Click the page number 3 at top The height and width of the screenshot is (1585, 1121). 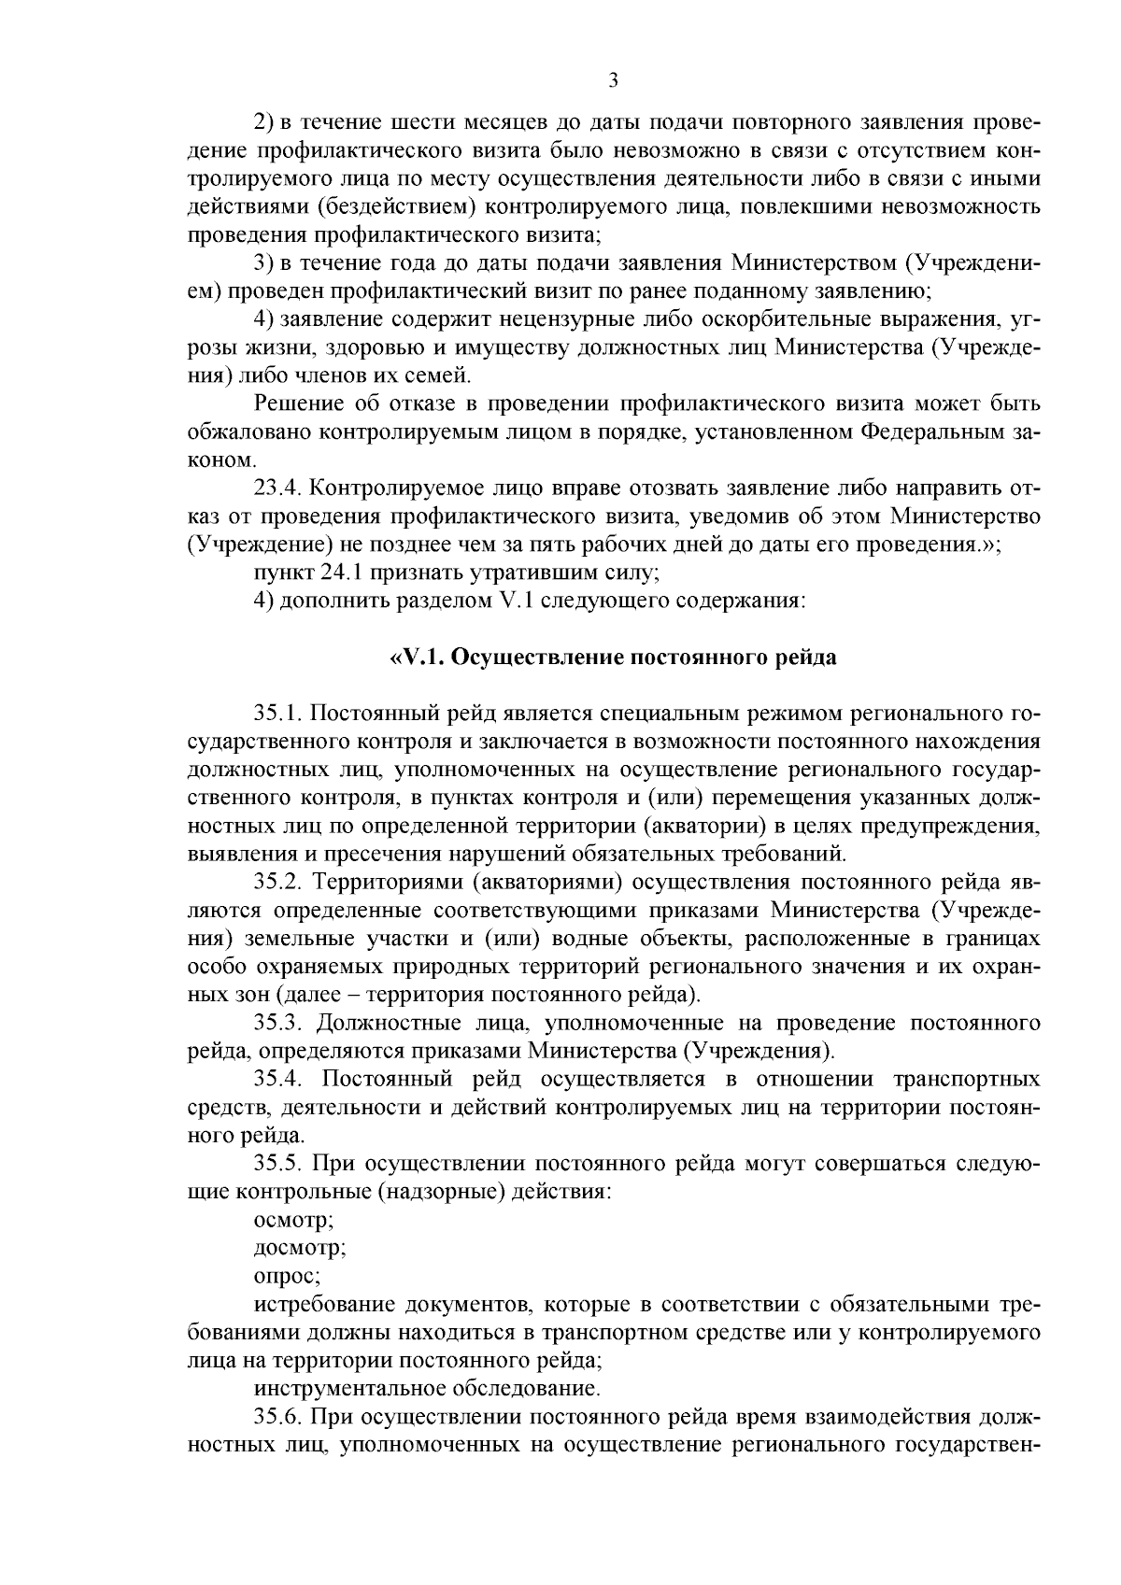coord(613,80)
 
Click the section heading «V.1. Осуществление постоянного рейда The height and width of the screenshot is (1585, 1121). coord(612,657)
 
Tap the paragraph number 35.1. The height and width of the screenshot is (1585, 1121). coord(278,715)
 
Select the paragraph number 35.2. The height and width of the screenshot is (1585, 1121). coord(279,882)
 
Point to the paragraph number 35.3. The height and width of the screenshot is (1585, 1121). coord(279,1023)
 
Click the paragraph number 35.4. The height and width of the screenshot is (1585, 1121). coord(279,1080)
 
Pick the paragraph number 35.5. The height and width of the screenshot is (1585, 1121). coord(279,1164)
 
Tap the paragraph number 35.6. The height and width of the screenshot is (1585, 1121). coord(279,1416)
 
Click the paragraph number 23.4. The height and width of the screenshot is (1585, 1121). coord(277,488)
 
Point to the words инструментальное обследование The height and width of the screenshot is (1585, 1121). coord(426,1388)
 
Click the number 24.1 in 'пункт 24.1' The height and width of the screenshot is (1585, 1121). coord(342,572)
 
